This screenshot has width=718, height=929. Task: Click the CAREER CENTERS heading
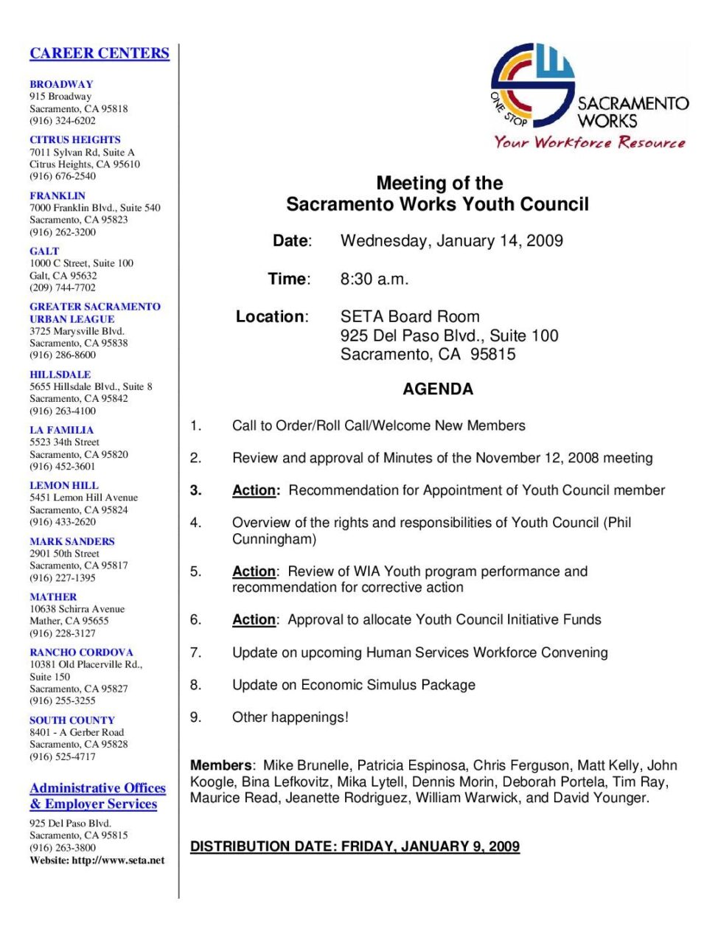(100, 53)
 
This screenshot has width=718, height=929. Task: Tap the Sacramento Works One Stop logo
(532, 85)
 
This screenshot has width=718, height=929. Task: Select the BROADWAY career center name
(61, 84)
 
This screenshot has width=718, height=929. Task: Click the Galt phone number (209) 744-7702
(63, 288)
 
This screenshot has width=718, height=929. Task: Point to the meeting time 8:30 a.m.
(374, 279)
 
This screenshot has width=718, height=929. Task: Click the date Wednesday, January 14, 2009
(451, 240)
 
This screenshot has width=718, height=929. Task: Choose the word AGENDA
(438, 389)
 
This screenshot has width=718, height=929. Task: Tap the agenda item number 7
(195, 652)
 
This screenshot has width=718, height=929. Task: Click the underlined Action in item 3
(255, 490)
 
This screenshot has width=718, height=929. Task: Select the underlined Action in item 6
(254, 619)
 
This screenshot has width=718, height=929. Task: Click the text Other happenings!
(290, 717)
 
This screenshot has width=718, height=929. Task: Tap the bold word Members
(220, 765)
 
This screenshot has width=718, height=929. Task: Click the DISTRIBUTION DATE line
(355, 846)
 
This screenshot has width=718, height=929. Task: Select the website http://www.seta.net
(118, 860)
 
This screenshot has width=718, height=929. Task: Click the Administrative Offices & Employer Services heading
(97, 796)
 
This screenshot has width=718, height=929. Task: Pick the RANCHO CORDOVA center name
(81, 652)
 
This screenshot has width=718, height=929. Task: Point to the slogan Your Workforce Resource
(589, 142)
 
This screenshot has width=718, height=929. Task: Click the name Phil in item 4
(619, 523)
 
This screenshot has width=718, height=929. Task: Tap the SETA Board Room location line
(410, 316)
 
